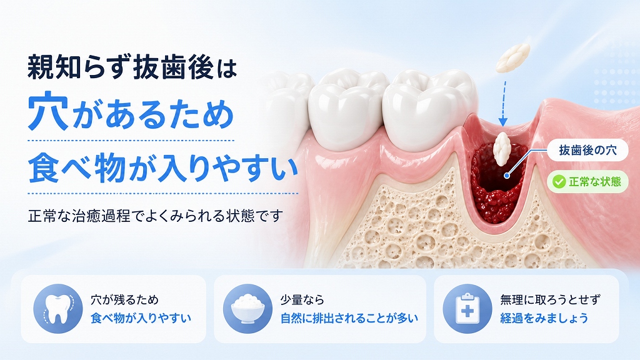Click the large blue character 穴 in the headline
click(x=47, y=111)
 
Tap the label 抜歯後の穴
click(x=587, y=150)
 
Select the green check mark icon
click(x=559, y=182)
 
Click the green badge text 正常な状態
click(x=595, y=182)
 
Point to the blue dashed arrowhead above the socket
click(x=503, y=121)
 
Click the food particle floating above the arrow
click(x=513, y=58)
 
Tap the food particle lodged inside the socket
click(x=502, y=149)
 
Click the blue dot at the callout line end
click(x=507, y=176)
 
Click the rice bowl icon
click(x=247, y=309)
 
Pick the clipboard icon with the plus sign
click(x=467, y=309)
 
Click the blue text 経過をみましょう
click(x=544, y=318)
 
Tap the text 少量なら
click(x=302, y=300)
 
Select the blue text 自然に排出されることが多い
click(x=349, y=318)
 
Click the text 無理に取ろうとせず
click(x=550, y=300)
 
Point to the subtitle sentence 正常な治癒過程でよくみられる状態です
click(x=155, y=216)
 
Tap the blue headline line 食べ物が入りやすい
click(x=162, y=167)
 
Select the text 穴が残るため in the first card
click(x=124, y=300)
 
